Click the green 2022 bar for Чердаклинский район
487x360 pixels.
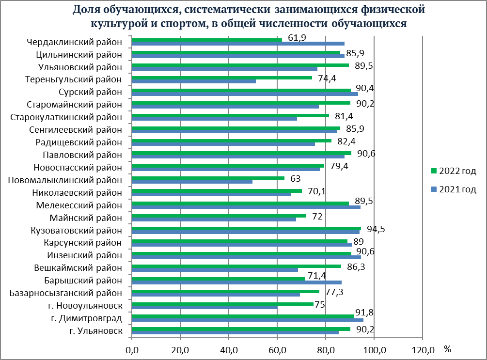207,40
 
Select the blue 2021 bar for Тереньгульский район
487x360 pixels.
194,81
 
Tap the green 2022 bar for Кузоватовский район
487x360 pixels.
246,228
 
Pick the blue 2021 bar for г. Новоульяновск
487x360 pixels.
204,307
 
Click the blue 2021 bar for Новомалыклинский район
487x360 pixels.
192,182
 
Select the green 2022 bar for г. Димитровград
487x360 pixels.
243,316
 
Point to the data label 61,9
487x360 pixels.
297,38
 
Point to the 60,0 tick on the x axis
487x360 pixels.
277,348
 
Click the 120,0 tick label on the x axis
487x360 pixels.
422,348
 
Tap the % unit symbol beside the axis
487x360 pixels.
447,348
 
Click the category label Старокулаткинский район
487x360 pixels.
66,117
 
